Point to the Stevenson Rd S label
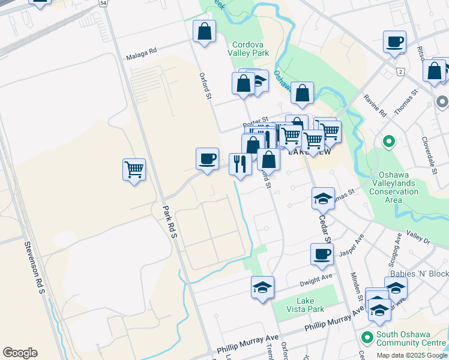point(34,266)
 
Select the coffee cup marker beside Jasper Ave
point(322,254)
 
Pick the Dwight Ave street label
point(318,278)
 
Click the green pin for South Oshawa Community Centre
point(366,336)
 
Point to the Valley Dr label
point(418,236)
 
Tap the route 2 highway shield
point(400,71)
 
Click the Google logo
point(20,352)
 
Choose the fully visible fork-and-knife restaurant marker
point(240,164)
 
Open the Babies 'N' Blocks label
point(419,274)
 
